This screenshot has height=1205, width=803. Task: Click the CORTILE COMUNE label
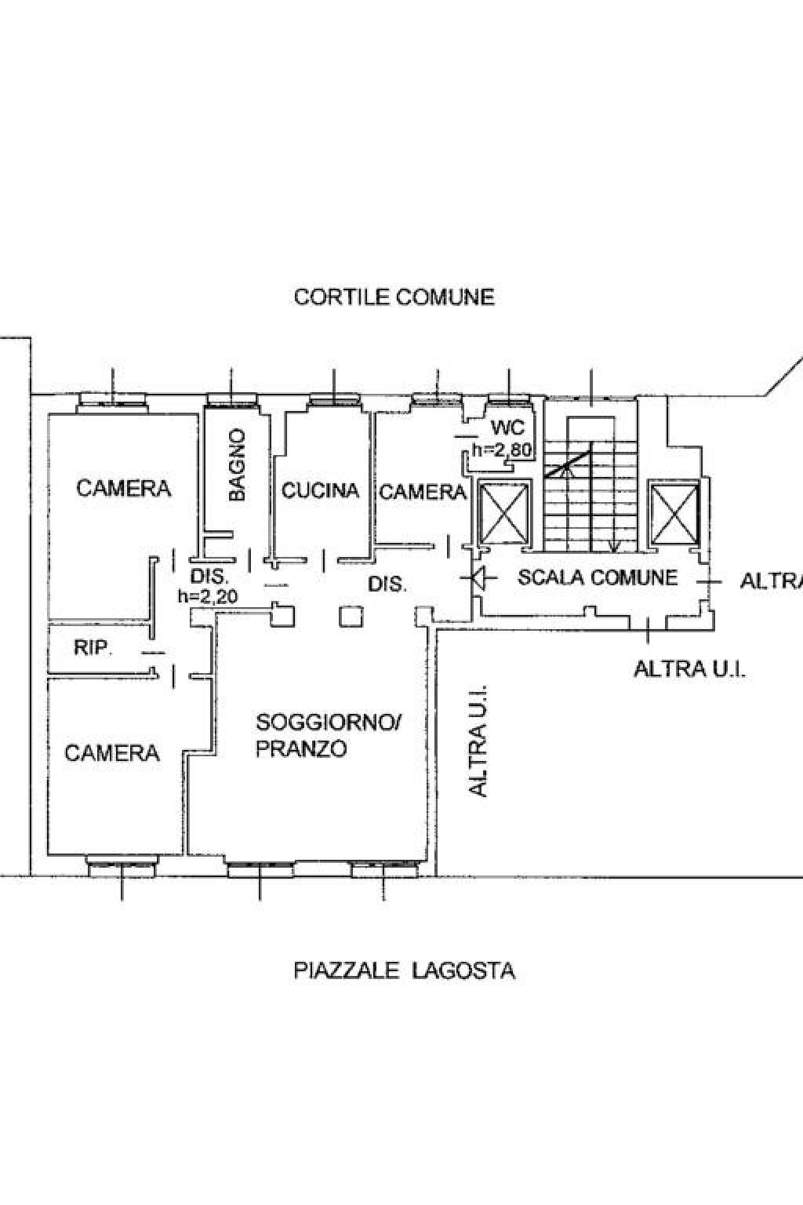tap(394, 297)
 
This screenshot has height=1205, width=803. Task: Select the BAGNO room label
tap(237, 465)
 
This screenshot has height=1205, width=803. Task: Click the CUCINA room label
tap(320, 490)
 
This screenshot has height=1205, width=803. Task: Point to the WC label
tap(507, 428)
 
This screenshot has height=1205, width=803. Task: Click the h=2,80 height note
tap(503, 450)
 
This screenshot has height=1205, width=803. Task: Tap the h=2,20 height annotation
tap(208, 596)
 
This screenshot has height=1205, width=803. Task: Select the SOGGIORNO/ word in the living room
tap(329, 722)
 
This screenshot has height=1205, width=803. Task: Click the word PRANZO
tap(300, 748)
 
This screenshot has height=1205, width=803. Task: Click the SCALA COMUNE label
tap(598, 577)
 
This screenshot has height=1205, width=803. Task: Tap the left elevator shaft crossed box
tap(504, 513)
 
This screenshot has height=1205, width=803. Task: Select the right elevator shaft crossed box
tap(675, 513)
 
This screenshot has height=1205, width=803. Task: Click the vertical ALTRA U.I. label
tap(478, 741)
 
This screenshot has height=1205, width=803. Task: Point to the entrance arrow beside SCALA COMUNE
tap(479, 578)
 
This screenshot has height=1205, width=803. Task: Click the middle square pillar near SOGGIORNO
tap(351, 617)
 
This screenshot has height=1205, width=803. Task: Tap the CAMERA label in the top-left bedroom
tap(124, 489)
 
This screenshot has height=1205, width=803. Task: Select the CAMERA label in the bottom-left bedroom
tap(112, 753)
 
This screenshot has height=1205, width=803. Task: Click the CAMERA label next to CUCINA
tap(423, 492)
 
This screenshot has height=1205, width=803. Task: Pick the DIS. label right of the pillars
tap(387, 584)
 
